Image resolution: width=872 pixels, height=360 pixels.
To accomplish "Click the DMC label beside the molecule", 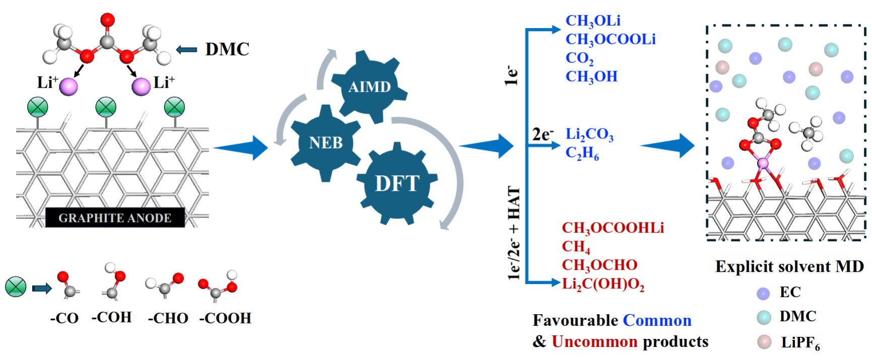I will (227, 49).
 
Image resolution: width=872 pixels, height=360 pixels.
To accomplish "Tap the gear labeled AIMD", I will (369, 87).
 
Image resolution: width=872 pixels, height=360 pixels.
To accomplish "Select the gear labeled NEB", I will (325, 142).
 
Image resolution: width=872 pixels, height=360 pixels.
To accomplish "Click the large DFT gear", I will (397, 183).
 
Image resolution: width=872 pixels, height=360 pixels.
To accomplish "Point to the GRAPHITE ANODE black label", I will (115, 218).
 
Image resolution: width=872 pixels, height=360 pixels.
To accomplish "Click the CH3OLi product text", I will (592, 21).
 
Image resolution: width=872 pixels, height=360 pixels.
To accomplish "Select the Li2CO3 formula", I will (589, 134).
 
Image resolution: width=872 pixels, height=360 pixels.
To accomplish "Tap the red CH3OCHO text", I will (599, 265).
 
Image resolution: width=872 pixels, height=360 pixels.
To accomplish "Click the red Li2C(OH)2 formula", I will (603, 284).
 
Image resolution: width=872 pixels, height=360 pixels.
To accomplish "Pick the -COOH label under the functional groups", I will (225, 318).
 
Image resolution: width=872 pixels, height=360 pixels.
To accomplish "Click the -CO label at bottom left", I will (64, 318).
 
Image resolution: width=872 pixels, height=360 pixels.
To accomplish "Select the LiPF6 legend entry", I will (800, 342).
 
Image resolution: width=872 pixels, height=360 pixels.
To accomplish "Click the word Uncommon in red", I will (594, 341).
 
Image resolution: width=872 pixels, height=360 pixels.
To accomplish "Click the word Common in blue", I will (657, 320).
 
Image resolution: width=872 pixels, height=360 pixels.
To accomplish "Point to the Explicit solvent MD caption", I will (789, 266).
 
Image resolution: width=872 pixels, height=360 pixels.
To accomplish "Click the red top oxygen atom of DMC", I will (107, 20).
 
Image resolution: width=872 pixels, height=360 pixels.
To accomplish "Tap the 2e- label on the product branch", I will (542, 134).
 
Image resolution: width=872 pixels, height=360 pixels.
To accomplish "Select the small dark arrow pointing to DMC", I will (186, 49).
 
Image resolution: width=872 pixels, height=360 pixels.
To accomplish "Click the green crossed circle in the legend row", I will (16, 287).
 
